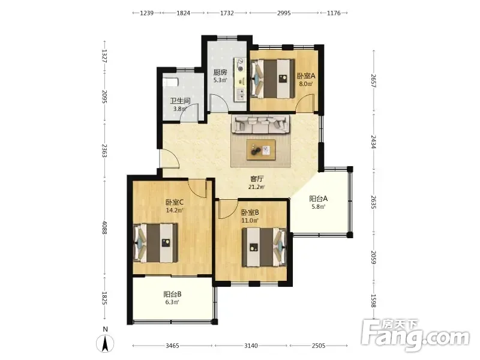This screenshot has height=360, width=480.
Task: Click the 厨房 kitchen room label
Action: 220,73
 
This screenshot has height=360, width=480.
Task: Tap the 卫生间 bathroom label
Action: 181,101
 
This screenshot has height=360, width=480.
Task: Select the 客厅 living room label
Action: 257,179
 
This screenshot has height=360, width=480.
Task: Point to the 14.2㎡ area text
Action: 175,211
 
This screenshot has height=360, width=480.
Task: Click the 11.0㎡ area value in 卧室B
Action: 250,220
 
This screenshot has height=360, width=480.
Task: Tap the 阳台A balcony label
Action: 319,199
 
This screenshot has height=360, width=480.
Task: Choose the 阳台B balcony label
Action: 172,295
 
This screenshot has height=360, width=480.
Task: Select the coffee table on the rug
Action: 261,149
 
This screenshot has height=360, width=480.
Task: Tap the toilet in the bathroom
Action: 170,82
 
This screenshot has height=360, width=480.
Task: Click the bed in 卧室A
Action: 272,79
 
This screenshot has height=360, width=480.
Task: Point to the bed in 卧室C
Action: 156,243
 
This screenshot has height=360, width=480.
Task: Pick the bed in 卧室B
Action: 264,247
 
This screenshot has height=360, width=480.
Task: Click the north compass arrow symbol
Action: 105,343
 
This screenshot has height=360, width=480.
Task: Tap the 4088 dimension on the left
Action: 104,227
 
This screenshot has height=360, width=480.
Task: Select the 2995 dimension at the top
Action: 284,13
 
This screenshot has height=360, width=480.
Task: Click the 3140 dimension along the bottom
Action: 251,346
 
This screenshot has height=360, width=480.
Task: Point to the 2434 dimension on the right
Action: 373,142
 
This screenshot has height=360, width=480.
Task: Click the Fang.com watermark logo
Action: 415,335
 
